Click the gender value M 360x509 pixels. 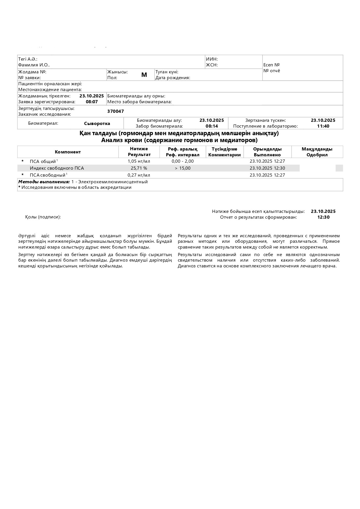point(144,75)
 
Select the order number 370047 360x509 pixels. point(115,111)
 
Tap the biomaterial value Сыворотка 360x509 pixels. point(97,124)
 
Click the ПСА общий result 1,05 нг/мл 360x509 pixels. point(139,161)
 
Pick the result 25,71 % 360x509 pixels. point(139,168)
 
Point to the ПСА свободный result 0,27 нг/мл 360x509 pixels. point(139,175)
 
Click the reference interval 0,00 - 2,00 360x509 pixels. point(182,161)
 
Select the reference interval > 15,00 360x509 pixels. point(183,168)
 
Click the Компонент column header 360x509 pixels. point(68,152)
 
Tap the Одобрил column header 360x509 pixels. point(317,155)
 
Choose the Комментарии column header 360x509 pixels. point(225,155)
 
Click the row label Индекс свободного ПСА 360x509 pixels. point(57,168)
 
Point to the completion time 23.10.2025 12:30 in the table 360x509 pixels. point(267,168)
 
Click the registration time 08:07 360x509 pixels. point(92,102)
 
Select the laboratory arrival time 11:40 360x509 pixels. point(323,126)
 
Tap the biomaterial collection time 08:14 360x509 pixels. point(212,126)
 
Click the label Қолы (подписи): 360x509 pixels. point(43,217)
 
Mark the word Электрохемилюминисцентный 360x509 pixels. point(113,182)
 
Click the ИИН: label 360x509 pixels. point(212,59)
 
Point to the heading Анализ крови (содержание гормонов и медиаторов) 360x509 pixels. point(179,140)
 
